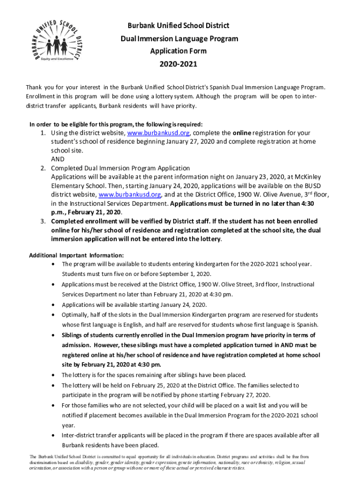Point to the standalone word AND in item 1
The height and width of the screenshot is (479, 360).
point(58,159)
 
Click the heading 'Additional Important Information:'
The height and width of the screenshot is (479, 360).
point(76,255)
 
